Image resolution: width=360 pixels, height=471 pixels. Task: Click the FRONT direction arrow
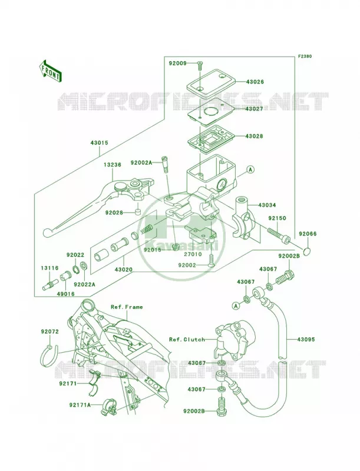point(50,71)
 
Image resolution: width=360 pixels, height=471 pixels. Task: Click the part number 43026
point(255,82)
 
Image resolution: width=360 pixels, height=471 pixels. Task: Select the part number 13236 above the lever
point(113,165)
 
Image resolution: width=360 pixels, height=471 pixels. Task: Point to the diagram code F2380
point(305,56)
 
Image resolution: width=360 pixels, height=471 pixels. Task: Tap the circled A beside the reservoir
point(250,170)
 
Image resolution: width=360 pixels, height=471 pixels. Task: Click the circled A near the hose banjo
point(236,306)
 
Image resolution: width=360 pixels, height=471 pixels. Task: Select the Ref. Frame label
point(127,307)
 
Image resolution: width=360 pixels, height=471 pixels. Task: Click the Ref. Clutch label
point(187,340)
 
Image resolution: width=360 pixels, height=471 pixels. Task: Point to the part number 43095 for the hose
point(306,340)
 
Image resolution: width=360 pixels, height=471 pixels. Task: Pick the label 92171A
point(80,405)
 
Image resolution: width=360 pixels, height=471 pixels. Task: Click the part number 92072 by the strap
point(50,331)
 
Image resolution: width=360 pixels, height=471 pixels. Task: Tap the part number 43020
point(123,270)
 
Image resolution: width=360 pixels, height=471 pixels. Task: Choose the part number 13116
point(50,268)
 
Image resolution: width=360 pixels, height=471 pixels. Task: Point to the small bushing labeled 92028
point(138,213)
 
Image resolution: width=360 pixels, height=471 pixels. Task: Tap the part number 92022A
point(85,284)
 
